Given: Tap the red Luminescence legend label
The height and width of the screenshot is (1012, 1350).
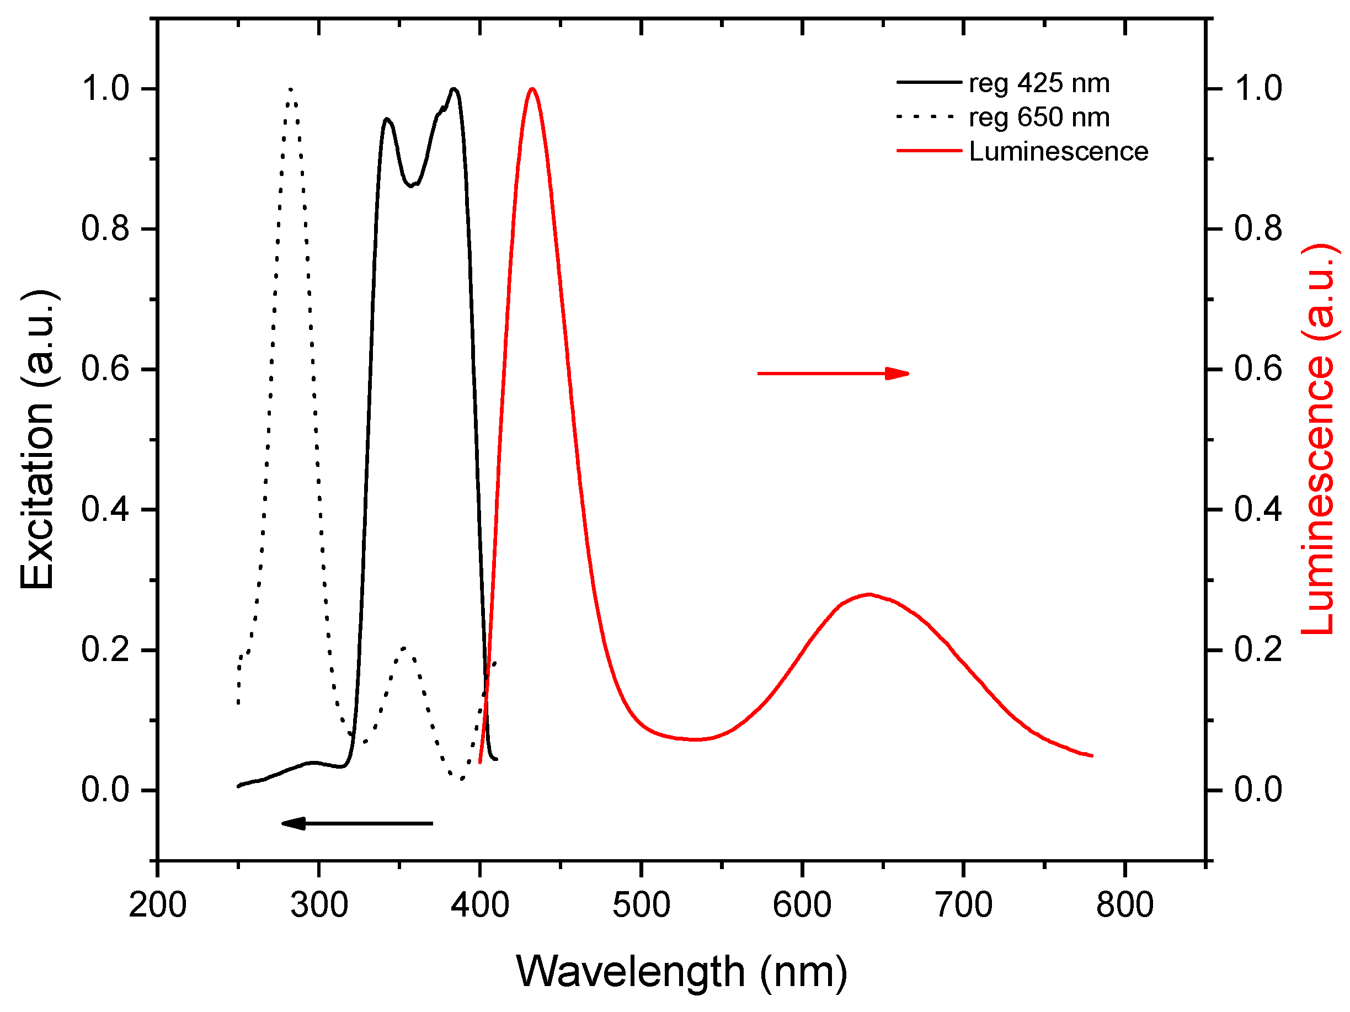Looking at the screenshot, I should click(x=1058, y=151).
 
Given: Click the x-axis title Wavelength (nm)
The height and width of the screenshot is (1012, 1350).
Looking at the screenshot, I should click(x=682, y=971).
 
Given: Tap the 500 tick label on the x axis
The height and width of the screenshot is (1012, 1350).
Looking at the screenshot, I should click(x=641, y=904).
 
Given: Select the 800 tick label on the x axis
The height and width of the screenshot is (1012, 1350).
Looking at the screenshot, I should click(x=1124, y=904).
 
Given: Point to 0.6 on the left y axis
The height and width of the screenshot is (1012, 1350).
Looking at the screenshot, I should click(x=105, y=369).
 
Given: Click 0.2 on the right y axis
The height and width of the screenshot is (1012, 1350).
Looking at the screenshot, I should click(x=1258, y=649).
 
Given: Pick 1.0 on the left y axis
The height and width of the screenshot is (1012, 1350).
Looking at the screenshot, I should click(x=105, y=88).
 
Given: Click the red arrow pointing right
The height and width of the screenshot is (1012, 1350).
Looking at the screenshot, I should click(x=833, y=373).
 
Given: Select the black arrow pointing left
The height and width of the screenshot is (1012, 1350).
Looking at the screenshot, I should click(x=357, y=823).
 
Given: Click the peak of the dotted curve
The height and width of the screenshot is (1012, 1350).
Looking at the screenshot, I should click(x=291, y=90).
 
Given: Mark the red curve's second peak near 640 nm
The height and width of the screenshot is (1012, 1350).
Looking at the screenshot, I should click(x=868, y=594).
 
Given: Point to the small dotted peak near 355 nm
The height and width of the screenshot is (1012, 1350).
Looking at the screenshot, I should click(x=404, y=648).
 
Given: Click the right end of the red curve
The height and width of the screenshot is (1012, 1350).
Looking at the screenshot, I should click(x=1091, y=755).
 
